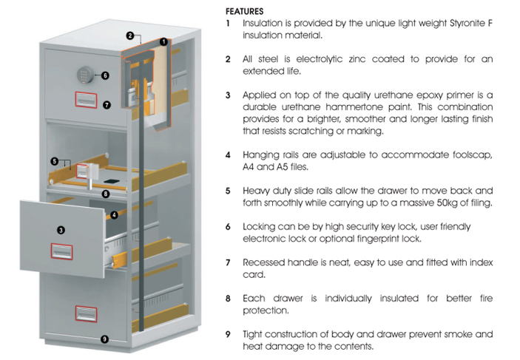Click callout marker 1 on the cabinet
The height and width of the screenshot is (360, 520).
tap(163, 42)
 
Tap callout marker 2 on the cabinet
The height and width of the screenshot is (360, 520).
tap(130, 35)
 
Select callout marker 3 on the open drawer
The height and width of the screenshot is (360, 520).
tap(61, 230)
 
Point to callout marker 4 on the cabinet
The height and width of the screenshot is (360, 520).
tap(114, 215)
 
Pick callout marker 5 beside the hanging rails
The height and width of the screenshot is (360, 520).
tap(54, 160)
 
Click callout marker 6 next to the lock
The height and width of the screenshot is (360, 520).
tap(105, 75)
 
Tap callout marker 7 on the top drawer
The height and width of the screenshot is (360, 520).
tap(107, 105)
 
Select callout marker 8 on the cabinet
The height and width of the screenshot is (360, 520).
tap(106, 194)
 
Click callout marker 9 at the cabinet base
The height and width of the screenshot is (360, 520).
tap(104, 339)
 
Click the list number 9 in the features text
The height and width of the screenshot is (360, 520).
tap(229, 333)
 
